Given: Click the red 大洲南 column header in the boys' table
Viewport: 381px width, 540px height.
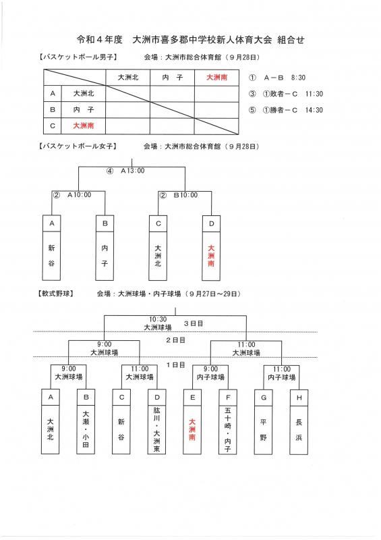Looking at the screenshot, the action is click(x=216, y=78).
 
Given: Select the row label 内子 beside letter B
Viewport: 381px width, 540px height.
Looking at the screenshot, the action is click(x=84, y=110).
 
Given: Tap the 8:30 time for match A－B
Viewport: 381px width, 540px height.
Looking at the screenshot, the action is click(x=298, y=78).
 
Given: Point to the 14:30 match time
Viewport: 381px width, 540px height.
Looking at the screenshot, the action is click(x=314, y=110).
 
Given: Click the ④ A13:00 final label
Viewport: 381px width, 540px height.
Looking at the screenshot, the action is click(x=125, y=171).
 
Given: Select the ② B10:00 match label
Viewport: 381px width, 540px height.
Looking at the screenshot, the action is click(x=179, y=195).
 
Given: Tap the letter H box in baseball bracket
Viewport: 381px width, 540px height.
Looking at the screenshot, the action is click(x=299, y=398).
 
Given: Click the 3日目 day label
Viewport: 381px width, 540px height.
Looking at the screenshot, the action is click(x=194, y=323).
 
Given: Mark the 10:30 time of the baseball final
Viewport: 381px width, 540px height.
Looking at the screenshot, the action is click(x=158, y=319).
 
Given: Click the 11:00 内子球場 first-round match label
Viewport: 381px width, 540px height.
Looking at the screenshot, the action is click(x=281, y=373).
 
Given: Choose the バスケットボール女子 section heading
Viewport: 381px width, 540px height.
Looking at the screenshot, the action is click(x=78, y=146).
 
